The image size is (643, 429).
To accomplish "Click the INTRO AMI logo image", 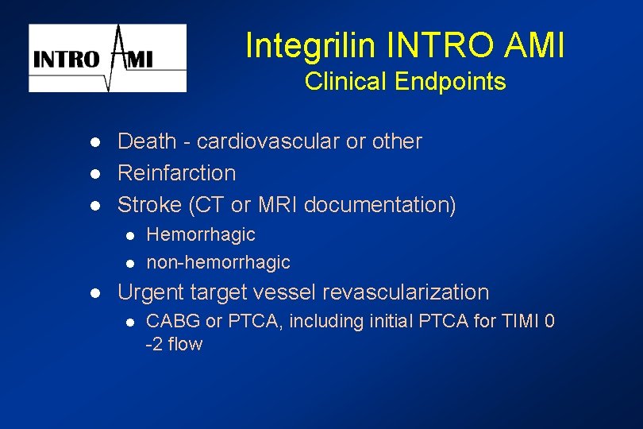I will [108, 58].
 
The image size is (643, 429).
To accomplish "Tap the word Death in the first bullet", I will [146, 141].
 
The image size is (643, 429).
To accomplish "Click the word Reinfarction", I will [176, 173].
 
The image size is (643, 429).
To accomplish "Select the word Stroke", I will [149, 205].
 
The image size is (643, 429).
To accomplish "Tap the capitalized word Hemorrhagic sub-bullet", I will [201, 235].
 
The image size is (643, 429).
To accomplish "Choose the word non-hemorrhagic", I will [218, 262].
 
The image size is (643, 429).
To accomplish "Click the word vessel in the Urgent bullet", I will [279, 292].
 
